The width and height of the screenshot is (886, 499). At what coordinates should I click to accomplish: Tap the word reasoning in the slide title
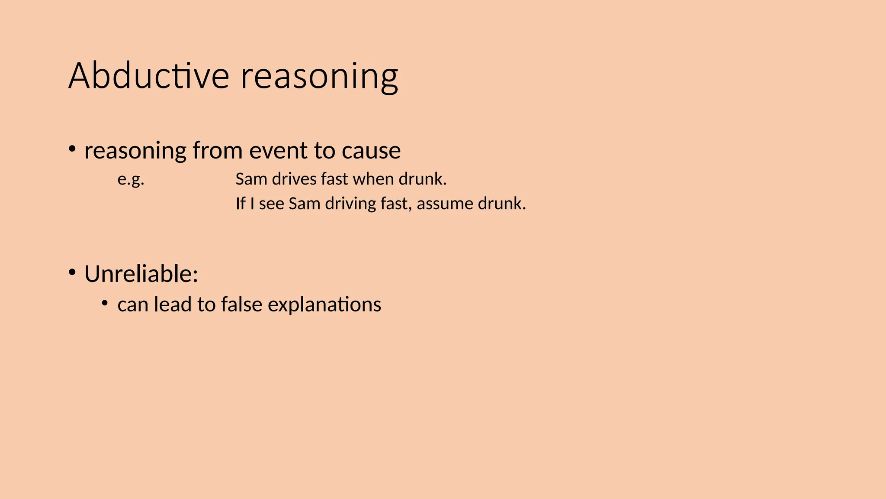[319, 77]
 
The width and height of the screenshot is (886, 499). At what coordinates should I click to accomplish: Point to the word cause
[371, 151]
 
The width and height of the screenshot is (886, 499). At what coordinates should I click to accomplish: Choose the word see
[272, 204]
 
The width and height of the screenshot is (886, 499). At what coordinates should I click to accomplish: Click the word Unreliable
[141, 274]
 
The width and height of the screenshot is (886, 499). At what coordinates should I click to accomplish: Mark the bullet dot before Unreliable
[72, 273]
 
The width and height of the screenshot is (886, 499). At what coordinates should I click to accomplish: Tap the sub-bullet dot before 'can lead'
[104, 303]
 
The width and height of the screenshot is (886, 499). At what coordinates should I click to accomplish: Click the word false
[241, 304]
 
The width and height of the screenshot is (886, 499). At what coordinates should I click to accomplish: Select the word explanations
[324, 305]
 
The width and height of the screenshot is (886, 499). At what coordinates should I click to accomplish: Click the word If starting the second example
[240, 204]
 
